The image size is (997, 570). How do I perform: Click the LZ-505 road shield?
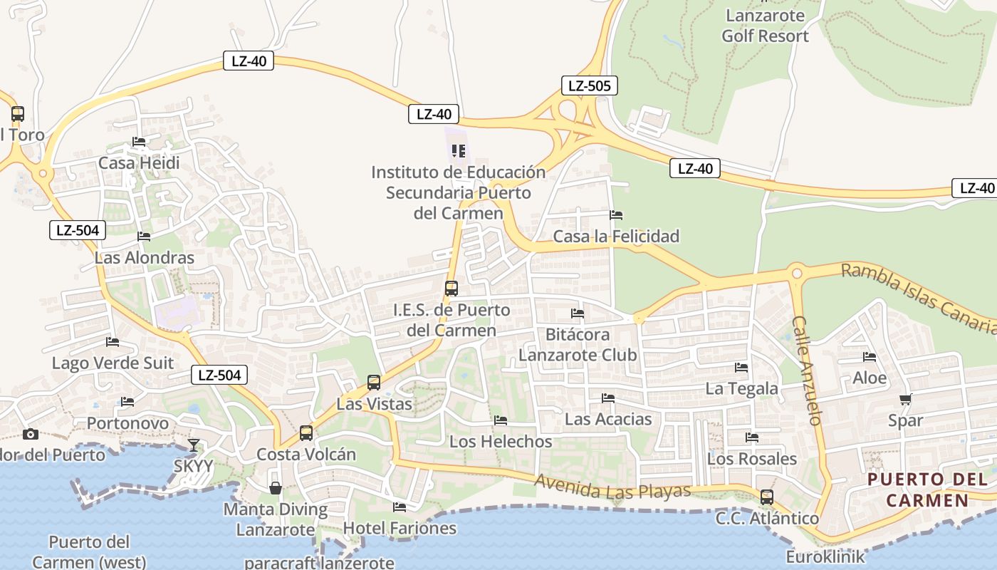[589, 86]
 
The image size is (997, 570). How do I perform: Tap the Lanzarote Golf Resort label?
[766, 26]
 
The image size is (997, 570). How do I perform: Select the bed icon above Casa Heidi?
[139, 142]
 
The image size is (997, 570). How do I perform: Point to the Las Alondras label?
[145, 257]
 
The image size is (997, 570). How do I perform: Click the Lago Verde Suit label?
[113, 363]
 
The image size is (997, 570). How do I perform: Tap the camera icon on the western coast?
[30, 434]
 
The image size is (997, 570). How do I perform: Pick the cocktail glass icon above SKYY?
[193, 445]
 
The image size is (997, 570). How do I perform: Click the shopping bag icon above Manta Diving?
[276, 488]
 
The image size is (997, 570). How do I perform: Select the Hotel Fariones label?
[400, 528]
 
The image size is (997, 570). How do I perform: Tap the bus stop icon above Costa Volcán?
[306, 432]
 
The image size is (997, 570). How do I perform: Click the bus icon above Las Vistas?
[374, 383]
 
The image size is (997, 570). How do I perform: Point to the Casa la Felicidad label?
[616, 236]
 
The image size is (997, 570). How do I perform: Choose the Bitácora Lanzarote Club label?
[578, 344]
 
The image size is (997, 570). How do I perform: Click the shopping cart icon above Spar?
[905, 399]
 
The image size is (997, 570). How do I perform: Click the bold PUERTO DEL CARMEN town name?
[927, 489]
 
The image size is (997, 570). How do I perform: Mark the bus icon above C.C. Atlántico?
[767, 497]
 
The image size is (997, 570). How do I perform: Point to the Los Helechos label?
[501, 441]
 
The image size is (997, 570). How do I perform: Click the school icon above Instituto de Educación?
[459, 151]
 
